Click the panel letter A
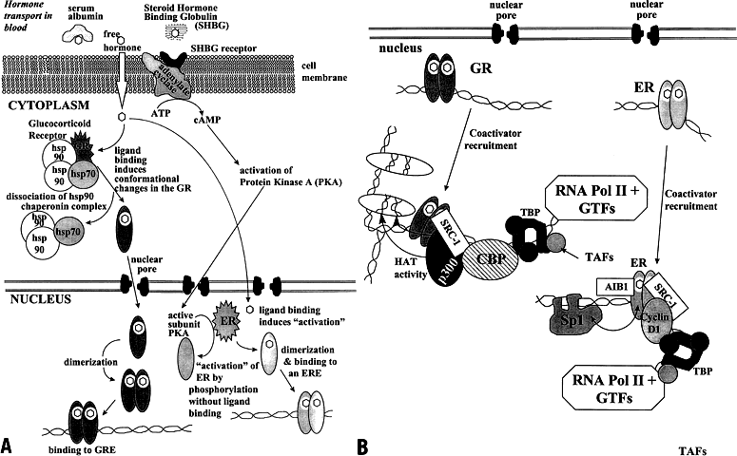9,445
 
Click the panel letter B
362,445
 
